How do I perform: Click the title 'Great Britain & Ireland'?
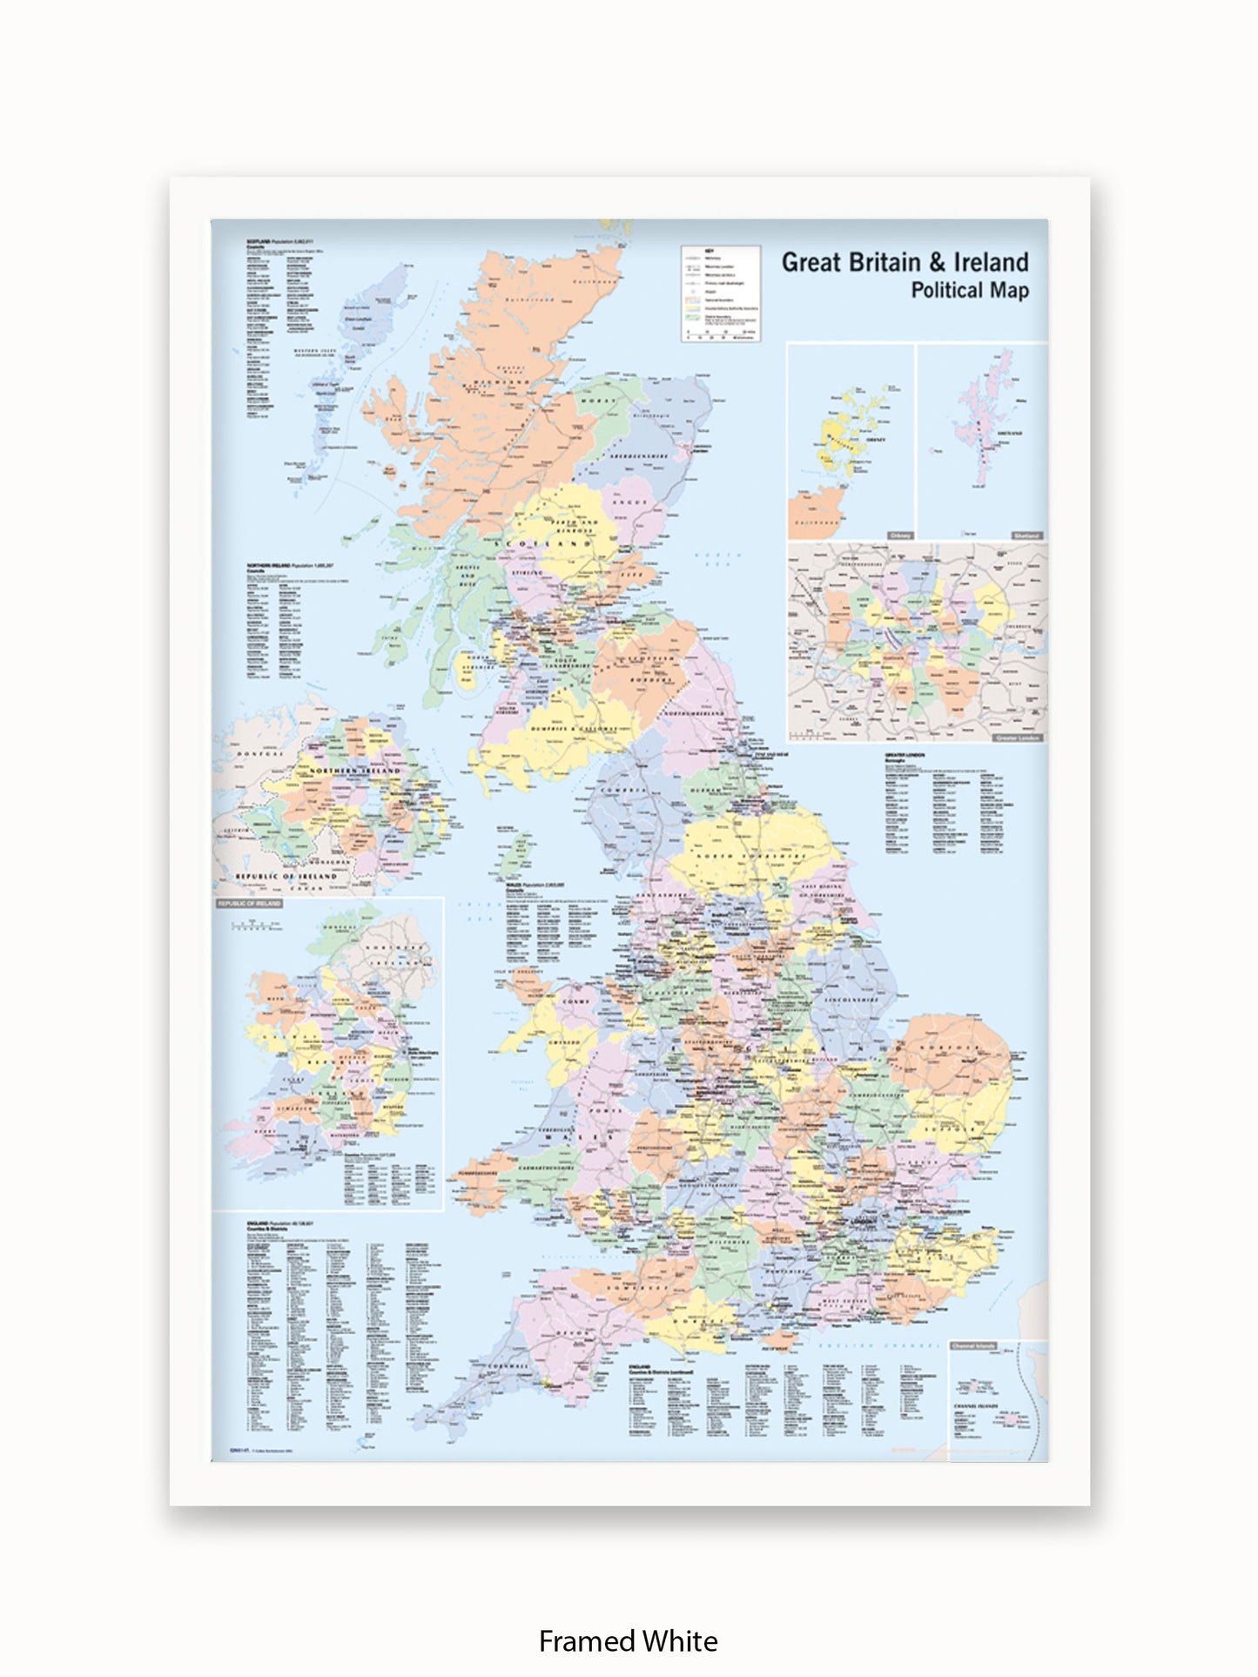click(905, 262)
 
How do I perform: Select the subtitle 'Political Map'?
click(969, 291)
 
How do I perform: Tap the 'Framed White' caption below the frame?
click(628, 1640)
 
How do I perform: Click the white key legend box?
click(720, 293)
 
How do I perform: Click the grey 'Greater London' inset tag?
click(1017, 737)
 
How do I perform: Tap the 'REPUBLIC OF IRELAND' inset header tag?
click(250, 904)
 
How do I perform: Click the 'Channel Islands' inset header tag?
click(973, 1346)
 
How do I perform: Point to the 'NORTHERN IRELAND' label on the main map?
click(355, 771)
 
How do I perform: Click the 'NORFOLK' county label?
click(952, 1048)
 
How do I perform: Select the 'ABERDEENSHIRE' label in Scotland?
click(638, 456)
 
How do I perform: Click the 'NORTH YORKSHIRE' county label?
click(750, 857)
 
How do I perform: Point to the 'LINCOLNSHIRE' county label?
click(850, 1000)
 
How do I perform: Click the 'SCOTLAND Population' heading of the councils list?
click(279, 241)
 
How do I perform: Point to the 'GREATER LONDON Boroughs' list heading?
click(905, 757)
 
